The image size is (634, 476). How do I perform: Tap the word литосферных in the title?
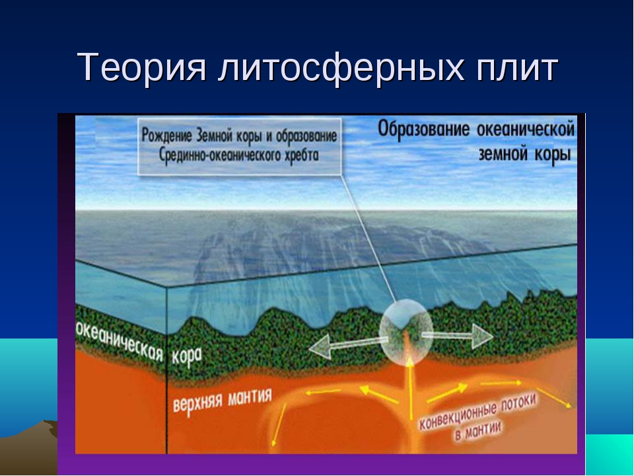pos(341,67)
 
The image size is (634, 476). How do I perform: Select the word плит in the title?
pos(517,67)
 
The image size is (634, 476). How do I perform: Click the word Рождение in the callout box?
pos(167,135)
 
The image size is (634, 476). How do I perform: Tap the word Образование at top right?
pos(424,130)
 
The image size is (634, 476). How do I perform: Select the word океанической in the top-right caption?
pos(526,129)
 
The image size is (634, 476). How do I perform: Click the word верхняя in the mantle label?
pos(197,402)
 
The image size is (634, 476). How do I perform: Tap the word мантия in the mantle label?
pos(250,396)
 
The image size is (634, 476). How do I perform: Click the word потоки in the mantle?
pos(519,403)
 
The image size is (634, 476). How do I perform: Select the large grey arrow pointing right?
pos(458,336)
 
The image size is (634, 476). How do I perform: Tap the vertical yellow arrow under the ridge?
pos(410,388)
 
